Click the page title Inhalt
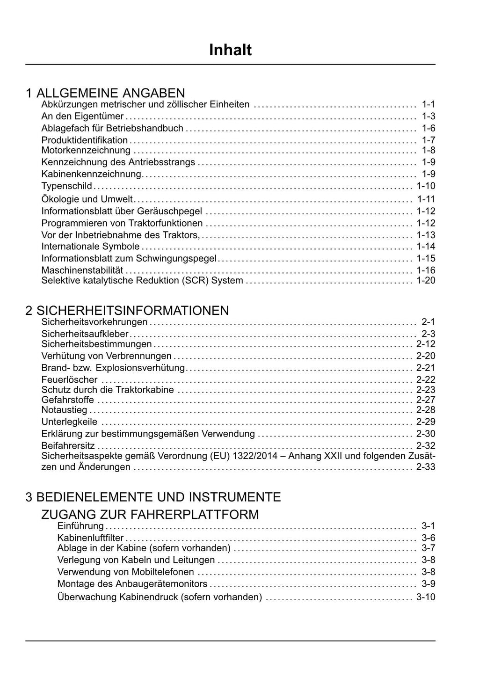pos(230,50)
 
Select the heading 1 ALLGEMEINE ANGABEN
pos(106,93)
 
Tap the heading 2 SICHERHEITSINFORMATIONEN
pos(127,310)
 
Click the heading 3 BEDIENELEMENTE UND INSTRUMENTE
pos(153,496)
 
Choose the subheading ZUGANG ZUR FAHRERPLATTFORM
pos(150,514)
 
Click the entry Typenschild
pos(67,186)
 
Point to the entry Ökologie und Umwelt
pos(87,199)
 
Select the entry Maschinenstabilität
pos(82,270)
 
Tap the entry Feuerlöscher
pos(70,379)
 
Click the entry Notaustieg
pos(65,410)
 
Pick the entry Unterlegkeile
pos(70,422)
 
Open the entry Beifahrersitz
pos(68,446)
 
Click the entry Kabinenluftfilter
pos(91,538)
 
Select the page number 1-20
pos(426,280)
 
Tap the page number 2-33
pos(426,467)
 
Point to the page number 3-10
pos(426,597)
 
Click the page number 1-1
pos(428,104)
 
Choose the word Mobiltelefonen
pos(163,572)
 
